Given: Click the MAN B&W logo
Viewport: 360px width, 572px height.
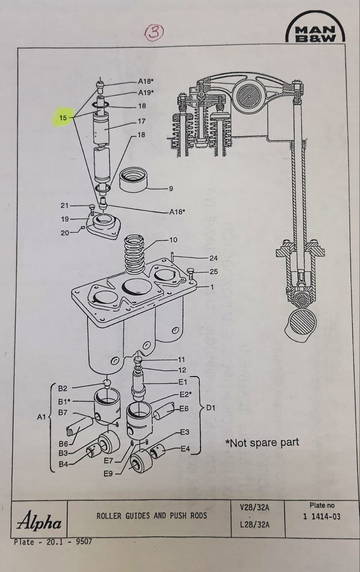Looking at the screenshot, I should (x=315, y=31).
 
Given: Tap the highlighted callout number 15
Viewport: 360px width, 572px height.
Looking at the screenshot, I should (x=63, y=118).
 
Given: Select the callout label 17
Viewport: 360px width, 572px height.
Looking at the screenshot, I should (x=141, y=121).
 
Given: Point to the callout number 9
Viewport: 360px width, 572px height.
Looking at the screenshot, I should (x=170, y=188).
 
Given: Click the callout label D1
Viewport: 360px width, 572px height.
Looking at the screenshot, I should (x=210, y=408).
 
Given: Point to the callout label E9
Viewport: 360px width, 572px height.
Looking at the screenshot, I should (x=108, y=474).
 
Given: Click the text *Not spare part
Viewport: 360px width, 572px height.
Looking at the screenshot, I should (x=262, y=442).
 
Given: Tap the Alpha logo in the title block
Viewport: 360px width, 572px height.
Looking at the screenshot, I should (x=39, y=523).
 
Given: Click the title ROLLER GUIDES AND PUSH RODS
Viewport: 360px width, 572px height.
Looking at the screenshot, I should (x=150, y=516).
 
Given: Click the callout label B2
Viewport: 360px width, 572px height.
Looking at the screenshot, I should (x=63, y=388).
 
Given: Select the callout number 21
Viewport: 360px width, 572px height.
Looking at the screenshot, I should (x=64, y=206).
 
